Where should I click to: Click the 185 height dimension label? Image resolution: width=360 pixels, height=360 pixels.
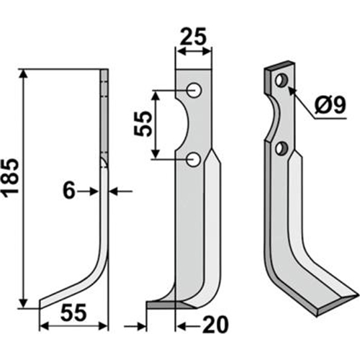[x=11, y=176]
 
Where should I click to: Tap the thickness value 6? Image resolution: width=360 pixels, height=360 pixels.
[x=69, y=191]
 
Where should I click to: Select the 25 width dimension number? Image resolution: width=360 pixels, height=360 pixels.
[x=193, y=37]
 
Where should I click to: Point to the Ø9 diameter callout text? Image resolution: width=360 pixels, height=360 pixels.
[x=330, y=106]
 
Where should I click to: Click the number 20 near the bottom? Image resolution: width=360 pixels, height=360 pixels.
[x=215, y=325]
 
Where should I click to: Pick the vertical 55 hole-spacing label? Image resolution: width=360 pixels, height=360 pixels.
[x=143, y=124]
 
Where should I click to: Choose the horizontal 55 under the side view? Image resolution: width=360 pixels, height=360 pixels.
[x=73, y=313]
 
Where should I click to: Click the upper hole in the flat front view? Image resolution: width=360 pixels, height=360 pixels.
[x=194, y=90]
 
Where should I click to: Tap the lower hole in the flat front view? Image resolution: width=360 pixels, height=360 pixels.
[x=194, y=160]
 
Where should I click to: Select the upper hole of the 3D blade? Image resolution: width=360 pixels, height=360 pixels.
[x=282, y=80]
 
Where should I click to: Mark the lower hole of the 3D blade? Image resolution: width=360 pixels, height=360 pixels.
[x=282, y=148]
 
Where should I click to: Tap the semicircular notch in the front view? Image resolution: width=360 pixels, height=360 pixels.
[x=186, y=124]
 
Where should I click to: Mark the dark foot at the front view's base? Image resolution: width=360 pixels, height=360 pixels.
[x=171, y=305]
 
